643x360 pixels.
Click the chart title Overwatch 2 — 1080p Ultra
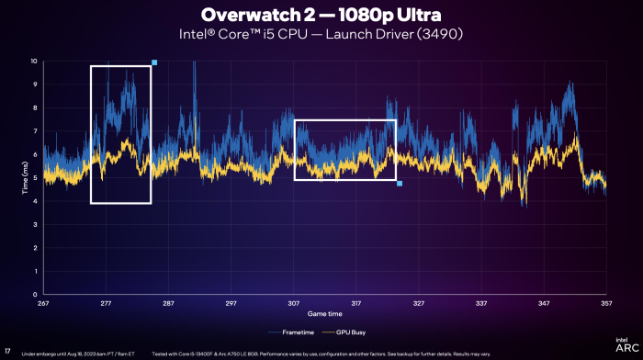321,16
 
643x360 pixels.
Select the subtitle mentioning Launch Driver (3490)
321,35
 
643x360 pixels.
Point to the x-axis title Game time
322,313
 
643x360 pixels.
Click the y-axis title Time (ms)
24,177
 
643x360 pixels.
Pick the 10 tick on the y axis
34,62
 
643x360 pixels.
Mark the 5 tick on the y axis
35,178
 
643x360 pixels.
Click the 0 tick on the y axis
35,295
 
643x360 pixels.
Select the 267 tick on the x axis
43,302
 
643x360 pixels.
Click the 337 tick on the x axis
481,302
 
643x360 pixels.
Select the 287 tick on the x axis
168,302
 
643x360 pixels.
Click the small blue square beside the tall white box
154,62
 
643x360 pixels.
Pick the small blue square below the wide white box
400,184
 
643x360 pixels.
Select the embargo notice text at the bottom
78,353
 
